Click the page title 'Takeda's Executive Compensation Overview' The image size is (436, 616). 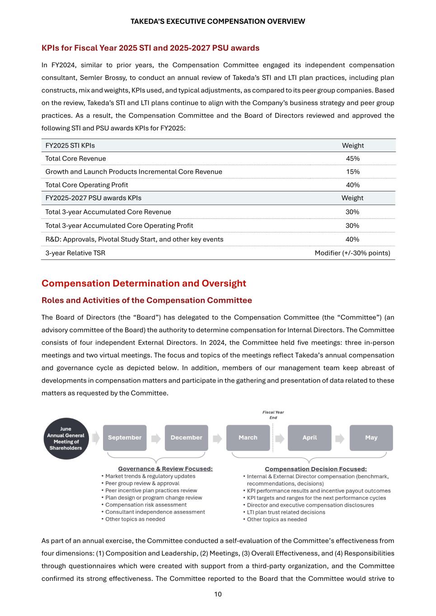point(218,21)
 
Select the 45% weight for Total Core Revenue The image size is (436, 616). point(352,158)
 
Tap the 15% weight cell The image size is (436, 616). point(352,171)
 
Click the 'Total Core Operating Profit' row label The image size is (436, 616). point(86,185)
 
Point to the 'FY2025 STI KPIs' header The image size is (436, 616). point(70,145)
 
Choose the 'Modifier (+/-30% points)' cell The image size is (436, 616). point(352,253)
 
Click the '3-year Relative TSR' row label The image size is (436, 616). point(75,253)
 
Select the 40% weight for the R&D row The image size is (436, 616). point(352,239)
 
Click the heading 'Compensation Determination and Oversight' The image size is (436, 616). point(144,283)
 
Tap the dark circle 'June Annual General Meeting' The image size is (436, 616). point(66,438)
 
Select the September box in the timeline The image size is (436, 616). point(125,438)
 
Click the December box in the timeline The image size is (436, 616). point(186,438)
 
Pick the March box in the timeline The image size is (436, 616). point(248,438)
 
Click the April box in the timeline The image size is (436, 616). point(309,438)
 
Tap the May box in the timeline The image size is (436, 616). point(371,438)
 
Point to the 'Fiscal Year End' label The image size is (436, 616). point(273,415)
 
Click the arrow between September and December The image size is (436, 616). point(156,438)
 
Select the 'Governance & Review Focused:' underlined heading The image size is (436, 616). point(165,469)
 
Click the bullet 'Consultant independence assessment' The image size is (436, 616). point(155,512)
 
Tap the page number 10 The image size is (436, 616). point(218,594)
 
